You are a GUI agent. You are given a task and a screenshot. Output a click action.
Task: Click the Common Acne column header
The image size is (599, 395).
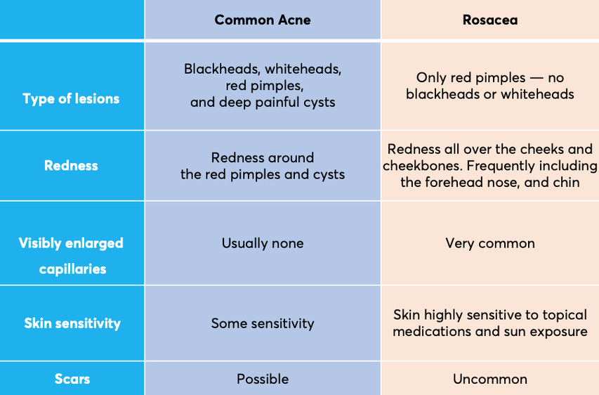(x=263, y=20)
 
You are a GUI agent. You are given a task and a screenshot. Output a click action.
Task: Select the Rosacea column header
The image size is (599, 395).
(x=490, y=20)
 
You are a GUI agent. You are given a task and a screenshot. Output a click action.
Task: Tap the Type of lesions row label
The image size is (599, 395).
(x=71, y=98)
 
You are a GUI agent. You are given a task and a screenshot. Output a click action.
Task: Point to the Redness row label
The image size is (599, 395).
(x=71, y=166)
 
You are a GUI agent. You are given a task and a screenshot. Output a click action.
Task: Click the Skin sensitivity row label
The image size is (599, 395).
(x=72, y=323)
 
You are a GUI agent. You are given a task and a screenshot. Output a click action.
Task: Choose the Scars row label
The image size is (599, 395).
(x=72, y=379)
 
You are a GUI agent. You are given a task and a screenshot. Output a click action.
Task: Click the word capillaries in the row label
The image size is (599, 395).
(x=72, y=269)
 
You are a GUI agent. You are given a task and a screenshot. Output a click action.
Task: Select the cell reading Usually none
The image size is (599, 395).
(x=263, y=243)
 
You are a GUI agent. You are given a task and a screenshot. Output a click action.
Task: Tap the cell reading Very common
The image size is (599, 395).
(x=490, y=243)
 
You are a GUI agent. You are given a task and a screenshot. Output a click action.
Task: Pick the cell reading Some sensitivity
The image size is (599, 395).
(x=263, y=323)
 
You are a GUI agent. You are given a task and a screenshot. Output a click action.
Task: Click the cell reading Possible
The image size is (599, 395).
(x=263, y=379)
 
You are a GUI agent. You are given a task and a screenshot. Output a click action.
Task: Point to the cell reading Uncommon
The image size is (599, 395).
(x=490, y=379)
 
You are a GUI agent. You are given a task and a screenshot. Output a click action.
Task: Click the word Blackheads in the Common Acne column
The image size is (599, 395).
(x=223, y=69)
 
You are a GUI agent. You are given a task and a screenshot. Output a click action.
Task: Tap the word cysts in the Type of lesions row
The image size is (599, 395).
(x=319, y=103)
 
